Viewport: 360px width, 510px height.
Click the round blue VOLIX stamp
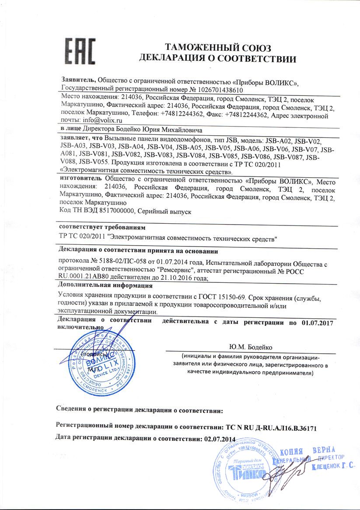tap(96, 359)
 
